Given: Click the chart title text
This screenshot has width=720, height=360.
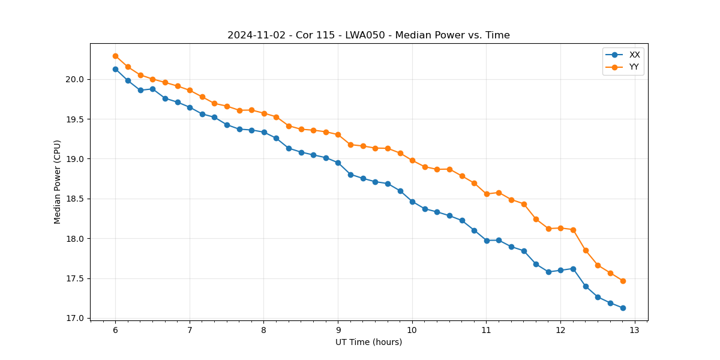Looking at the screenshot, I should pos(368,35).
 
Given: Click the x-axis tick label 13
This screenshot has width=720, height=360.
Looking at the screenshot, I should pos(635,330).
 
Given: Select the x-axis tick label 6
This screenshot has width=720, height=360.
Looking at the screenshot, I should pos(115,330).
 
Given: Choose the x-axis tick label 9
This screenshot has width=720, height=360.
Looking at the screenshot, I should pos(338,330).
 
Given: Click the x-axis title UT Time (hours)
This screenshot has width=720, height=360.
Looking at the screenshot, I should pos(368,342).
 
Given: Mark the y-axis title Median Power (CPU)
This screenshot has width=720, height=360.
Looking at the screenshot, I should pos(58,182).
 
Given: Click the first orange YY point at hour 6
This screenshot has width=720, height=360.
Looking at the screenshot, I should pos(115,56).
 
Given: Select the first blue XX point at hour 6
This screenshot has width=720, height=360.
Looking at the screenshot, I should pos(115,69).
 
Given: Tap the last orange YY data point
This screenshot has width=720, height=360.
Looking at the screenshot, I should pos(623,281).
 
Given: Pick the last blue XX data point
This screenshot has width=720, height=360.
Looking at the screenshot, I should pos(623,308).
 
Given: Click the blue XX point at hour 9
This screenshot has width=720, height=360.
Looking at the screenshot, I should pos(338,163).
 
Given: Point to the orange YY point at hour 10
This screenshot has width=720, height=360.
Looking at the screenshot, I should pos(412,160).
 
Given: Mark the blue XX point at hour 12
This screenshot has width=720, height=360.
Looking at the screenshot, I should pos(560,270).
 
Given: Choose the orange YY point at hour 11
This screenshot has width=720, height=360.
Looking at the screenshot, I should pos(487,194).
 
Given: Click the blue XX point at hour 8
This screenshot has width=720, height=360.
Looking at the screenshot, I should pos(264,132).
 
